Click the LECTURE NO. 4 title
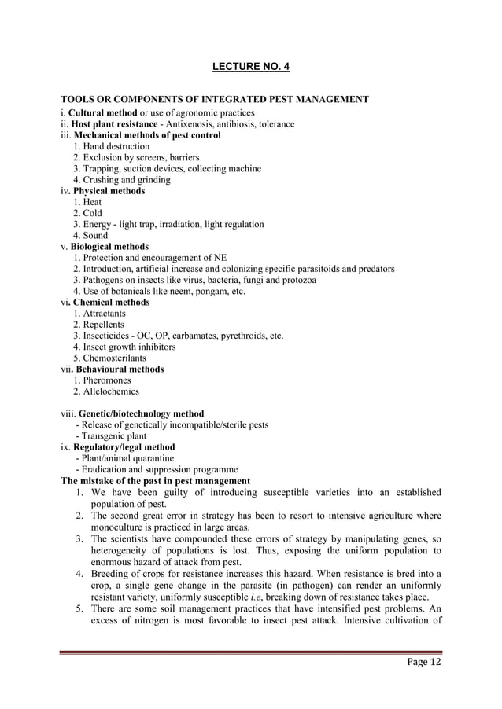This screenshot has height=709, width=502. click(x=251, y=66)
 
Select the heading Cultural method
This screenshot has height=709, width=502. click(x=105, y=112)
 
